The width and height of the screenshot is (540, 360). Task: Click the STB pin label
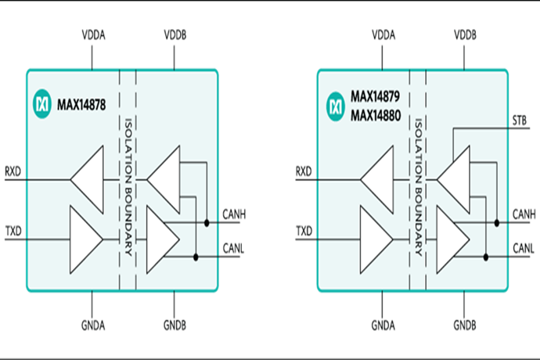pyautogui.click(x=520, y=121)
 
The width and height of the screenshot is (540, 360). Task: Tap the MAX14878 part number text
pyautogui.click(x=81, y=105)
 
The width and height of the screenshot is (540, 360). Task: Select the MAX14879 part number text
pyautogui.click(x=375, y=96)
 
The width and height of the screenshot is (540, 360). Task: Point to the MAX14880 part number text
pyautogui.click(x=376, y=115)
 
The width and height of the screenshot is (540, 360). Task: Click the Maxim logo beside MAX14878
pyautogui.click(x=42, y=104)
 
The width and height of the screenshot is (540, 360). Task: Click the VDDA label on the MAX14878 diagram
pyautogui.click(x=93, y=34)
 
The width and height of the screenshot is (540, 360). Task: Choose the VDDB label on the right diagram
pyautogui.click(x=465, y=34)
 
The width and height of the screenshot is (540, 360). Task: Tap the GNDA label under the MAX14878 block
pyautogui.click(x=93, y=326)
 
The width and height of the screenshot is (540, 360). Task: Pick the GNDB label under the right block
pyautogui.click(x=465, y=326)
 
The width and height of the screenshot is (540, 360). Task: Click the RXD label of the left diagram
pyautogui.click(x=13, y=171)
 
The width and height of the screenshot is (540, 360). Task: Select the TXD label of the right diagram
pyautogui.click(x=304, y=231)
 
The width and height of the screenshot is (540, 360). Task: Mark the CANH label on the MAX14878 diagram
pyautogui.click(x=234, y=214)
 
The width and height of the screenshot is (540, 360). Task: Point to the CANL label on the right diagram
pyautogui.click(x=524, y=248)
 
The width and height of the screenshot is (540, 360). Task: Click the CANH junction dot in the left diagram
pyautogui.click(x=207, y=223)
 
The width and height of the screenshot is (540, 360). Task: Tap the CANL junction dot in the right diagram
pyautogui.click(x=486, y=257)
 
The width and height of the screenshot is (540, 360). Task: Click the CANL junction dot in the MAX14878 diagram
pyautogui.click(x=196, y=257)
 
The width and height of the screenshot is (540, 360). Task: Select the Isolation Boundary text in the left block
pyautogui.click(x=128, y=187)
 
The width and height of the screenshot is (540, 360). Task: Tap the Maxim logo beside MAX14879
pyautogui.click(x=336, y=106)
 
